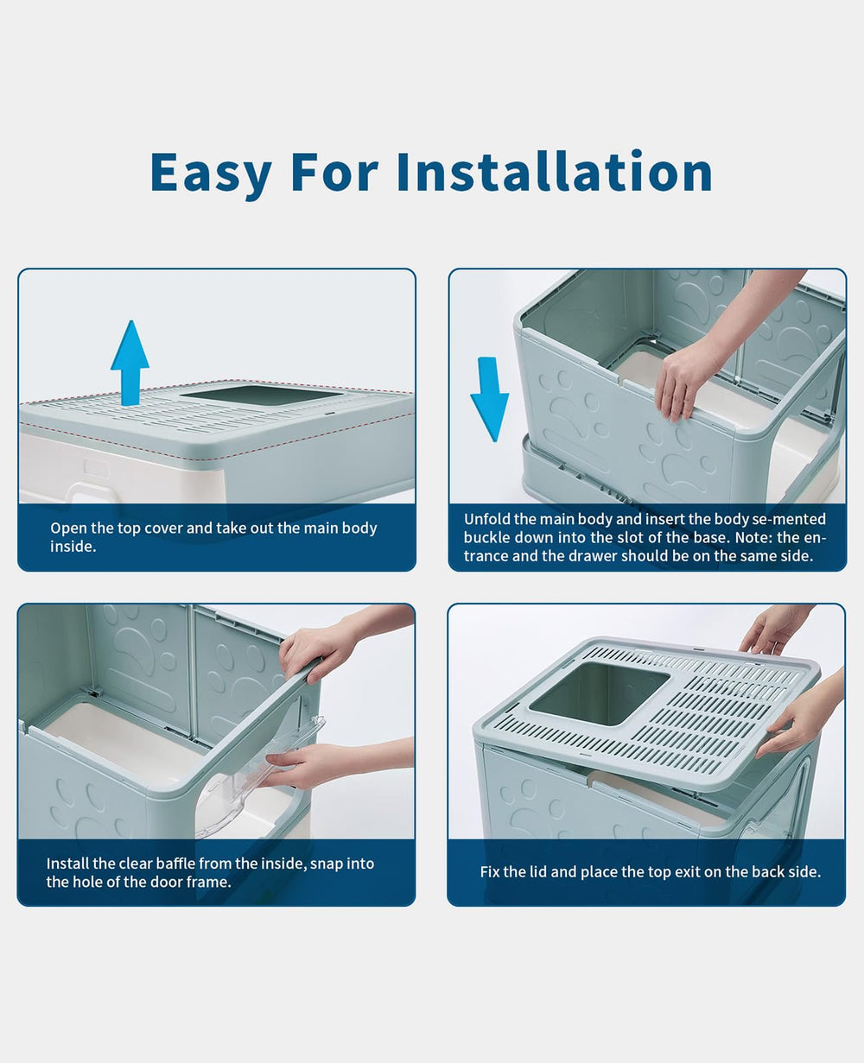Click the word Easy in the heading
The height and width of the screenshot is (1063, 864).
(211, 173)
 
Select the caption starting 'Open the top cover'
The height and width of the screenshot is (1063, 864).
(213, 537)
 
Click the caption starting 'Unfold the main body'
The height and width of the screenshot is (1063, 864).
(645, 537)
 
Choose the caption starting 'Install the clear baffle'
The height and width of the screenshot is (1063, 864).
(210, 872)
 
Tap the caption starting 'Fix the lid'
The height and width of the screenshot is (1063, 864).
(650, 872)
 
